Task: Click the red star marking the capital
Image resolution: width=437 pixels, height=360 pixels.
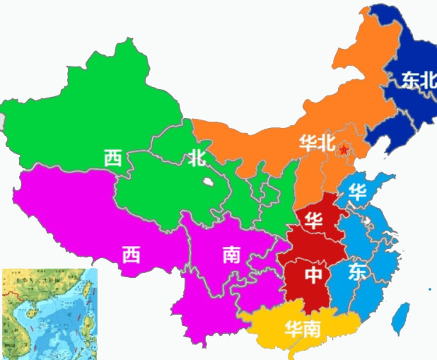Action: pyautogui.click(x=344, y=150)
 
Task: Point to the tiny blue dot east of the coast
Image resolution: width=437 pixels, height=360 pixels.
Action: pyautogui.click(x=429, y=289)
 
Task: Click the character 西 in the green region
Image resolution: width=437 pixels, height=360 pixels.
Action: pyautogui.click(x=112, y=157)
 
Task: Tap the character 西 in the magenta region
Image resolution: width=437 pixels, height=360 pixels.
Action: pyautogui.click(x=131, y=254)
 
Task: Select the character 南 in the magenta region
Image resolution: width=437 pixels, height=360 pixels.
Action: pyautogui.click(x=231, y=254)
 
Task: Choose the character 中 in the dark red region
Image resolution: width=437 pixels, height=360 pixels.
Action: pyautogui.click(x=313, y=274)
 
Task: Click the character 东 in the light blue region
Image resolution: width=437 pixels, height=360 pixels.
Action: pyautogui.click(x=357, y=274)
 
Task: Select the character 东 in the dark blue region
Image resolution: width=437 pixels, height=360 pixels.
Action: pyautogui.click(x=410, y=80)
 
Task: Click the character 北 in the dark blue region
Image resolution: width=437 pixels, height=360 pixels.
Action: pyautogui.click(x=429, y=80)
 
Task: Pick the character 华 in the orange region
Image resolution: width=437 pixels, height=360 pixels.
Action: pyautogui.click(x=308, y=142)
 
